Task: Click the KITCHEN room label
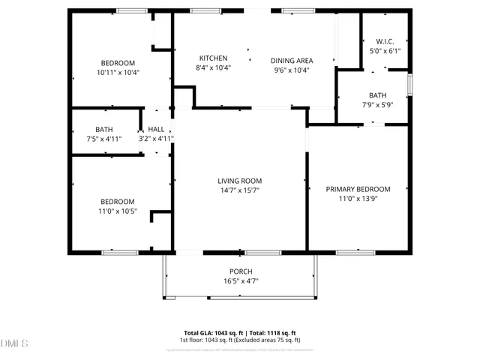click(x=214, y=58)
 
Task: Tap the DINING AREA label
click(x=292, y=60)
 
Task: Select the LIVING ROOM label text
click(x=240, y=181)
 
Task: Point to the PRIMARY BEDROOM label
click(x=358, y=189)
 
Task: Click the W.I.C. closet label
click(x=385, y=41)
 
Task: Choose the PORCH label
click(x=241, y=271)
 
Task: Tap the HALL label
click(x=156, y=129)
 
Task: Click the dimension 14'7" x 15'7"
click(x=240, y=190)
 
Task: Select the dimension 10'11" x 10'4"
click(x=118, y=73)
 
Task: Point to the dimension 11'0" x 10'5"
click(x=118, y=211)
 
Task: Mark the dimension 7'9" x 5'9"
click(x=377, y=105)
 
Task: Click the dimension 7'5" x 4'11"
click(x=103, y=139)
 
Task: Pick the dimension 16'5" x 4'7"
click(x=241, y=281)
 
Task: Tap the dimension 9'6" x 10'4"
click(x=292, y=70)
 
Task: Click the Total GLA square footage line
click(x=241, y=332)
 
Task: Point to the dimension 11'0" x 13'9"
click(x=358, y=199)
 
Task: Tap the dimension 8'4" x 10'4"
click(x=214, y=68)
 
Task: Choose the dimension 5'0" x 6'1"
click(x=385, y=51)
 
